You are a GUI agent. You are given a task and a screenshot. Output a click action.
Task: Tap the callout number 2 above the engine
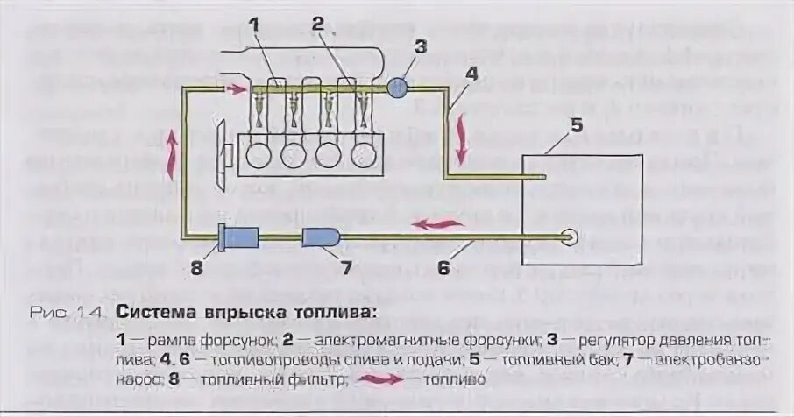[318, 25]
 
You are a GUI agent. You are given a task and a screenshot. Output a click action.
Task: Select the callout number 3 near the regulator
[421, 46]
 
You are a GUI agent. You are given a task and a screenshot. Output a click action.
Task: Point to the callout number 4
[471, 74]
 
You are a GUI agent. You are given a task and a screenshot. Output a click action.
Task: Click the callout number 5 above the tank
[575, 125]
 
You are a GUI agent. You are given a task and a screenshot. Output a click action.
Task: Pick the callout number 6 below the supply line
[443, 266]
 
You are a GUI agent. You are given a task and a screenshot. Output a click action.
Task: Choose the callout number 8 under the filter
[196, 268]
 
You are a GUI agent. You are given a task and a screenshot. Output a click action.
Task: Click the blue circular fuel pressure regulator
[397, 87]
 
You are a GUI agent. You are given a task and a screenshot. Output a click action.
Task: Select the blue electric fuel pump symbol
[321, 237]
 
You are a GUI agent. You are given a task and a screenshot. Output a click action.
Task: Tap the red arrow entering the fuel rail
[237, 88]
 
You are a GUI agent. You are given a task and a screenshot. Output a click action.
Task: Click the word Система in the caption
[159, 313]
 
